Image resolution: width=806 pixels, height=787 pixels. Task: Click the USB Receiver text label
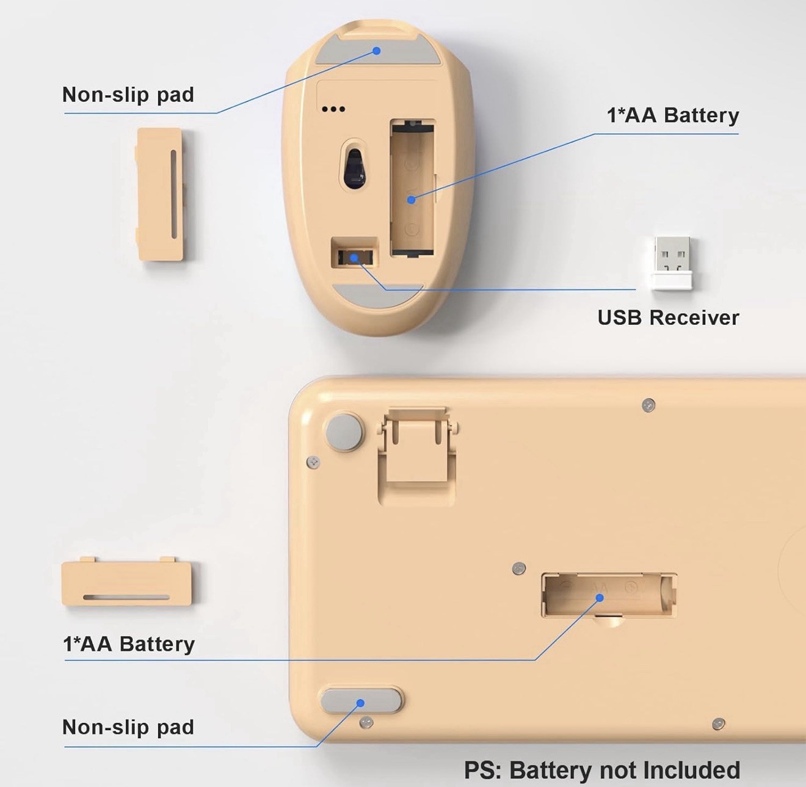[668, 317]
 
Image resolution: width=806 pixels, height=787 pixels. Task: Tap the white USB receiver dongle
[672, 263]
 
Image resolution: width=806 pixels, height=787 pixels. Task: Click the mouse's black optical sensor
[354, 167]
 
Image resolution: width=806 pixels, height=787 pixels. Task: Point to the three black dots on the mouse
[333, 109]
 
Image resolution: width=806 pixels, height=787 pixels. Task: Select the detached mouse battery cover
[160, 194]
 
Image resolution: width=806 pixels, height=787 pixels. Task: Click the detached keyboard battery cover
[126, 583]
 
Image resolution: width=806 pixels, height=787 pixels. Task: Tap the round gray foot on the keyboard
[344, 432]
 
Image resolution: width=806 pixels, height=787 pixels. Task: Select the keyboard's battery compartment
[609, 595]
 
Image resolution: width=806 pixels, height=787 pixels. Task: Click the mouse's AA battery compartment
[412, 187]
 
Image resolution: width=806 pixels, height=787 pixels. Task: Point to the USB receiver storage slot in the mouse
[354, 253]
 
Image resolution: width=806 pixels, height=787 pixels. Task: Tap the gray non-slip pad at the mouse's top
[377, 50]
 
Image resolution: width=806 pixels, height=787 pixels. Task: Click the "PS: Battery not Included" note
[602, 770]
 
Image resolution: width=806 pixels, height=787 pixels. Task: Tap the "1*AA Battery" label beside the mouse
[672, 115]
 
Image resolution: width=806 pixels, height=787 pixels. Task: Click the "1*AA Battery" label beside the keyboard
[129, 644]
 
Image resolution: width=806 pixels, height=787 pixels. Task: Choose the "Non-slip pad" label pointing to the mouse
[128, 95]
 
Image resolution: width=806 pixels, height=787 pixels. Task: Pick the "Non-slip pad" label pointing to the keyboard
[128, 727]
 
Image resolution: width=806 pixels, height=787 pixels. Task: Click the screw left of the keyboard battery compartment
[519, 568]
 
